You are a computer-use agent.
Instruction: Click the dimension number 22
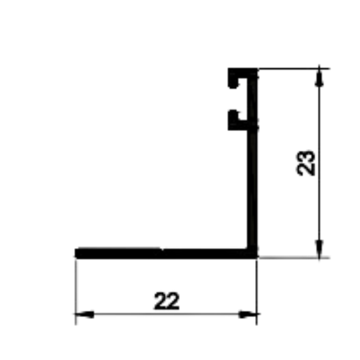point(167,301)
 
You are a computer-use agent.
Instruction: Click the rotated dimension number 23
point(306,163)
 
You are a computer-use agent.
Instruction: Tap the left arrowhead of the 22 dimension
point(84,314)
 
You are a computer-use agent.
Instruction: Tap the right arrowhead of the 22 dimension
point(247,314)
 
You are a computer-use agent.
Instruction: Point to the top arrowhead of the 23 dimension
point(319,78)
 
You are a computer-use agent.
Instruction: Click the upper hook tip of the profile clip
point(234,86)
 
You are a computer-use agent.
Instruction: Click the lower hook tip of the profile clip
point(234,113)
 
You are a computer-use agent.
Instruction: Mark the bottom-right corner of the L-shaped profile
point(256,258)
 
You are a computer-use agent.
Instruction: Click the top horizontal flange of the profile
point(242,73)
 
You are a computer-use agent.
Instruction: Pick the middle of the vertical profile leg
point(252,163)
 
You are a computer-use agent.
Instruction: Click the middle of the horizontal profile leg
point(166,253)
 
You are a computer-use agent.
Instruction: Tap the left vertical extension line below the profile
point(75,292)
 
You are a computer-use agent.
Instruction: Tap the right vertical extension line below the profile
point(256,292)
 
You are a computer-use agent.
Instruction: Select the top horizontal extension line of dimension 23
point(294,68)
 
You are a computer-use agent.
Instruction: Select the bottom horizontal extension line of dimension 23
point(294,258)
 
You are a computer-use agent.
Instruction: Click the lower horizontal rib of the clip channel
point(239,125)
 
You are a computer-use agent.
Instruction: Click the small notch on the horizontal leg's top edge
point(162,249)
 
